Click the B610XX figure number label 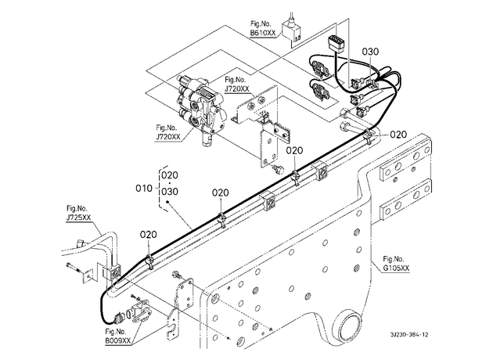coord(263,33)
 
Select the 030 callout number coord(370,52)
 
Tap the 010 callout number coord(144,189)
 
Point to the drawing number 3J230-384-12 coord(409,334)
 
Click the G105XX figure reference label coord(397,268)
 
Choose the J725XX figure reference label coord(78,218)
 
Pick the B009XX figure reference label coord(118,340)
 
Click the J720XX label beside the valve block coord(168,137)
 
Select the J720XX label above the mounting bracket coord(237,89)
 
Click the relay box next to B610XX coord(292,31)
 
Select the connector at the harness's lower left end coord(120,318)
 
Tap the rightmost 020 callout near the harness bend coord(398,135)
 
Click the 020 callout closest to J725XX coord(149,235)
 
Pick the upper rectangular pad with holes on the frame coord(405,161)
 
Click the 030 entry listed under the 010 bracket coord(170,192)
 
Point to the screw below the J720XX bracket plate coord(278,170)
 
